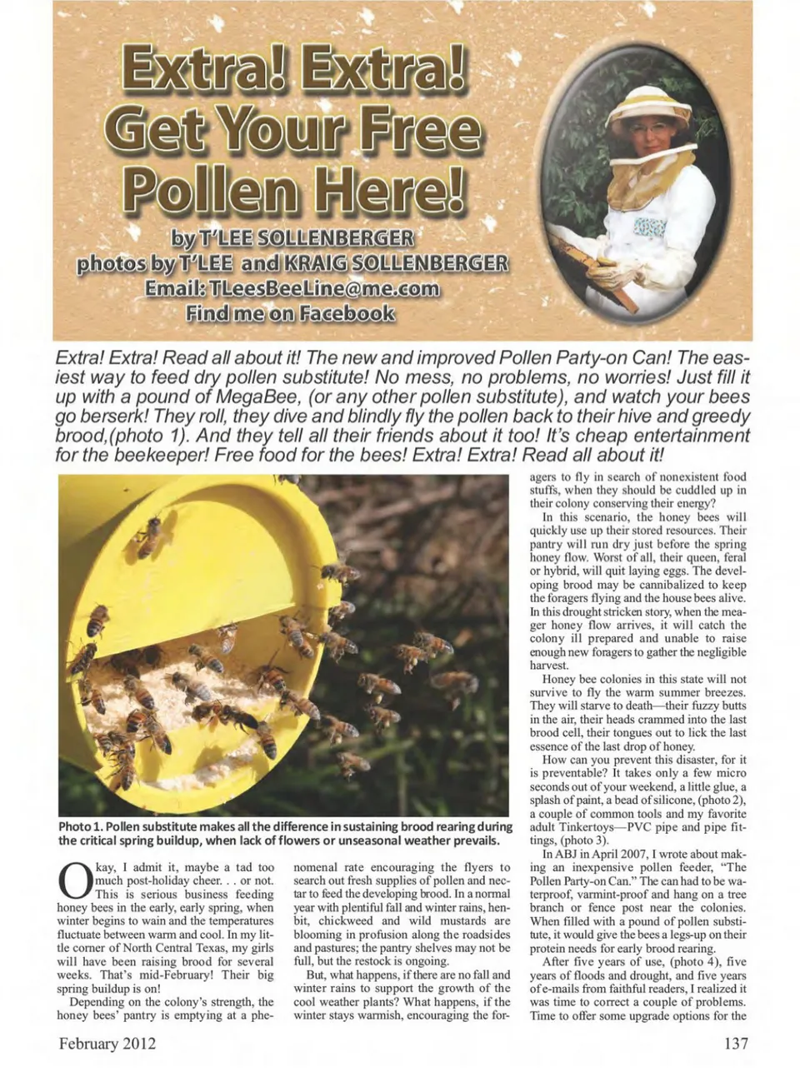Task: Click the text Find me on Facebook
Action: click(290, 313)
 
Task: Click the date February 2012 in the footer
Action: click(107, 1043)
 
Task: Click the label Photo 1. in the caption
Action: click(81, 826)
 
